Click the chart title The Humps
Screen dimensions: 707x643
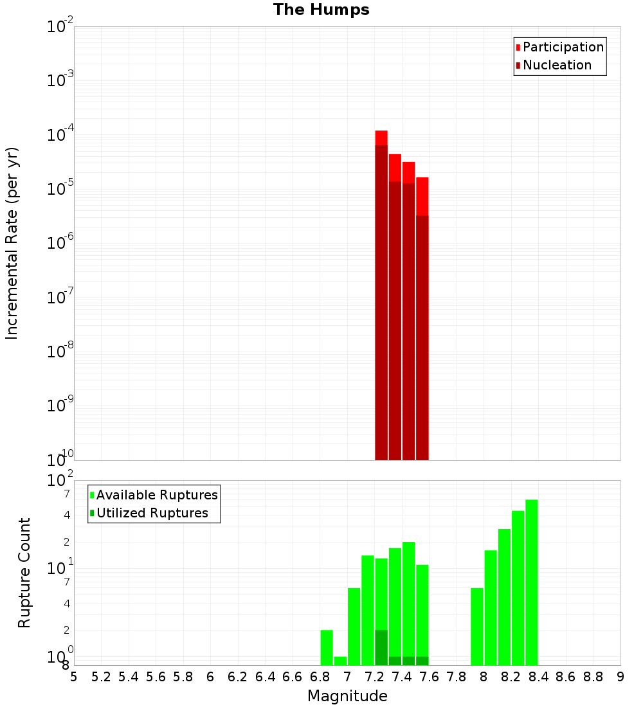tap(321, 10)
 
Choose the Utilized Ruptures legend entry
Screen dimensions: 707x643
tap(152, 513)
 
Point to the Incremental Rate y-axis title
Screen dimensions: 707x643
tap(12, 243)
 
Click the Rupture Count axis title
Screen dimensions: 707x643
tap(24, 573)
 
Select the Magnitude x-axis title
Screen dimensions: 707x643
tap(347, 696)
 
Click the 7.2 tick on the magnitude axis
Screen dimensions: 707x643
tap(375, 676)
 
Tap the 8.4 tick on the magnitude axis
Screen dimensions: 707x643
tap(539, 676)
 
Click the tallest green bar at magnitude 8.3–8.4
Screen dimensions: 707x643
tap(532, 582)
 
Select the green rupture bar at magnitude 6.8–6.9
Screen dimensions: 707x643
tap(327, 647)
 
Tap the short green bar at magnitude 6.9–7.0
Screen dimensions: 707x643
tap(340, 661)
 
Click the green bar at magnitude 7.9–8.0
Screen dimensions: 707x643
tap(477, 627)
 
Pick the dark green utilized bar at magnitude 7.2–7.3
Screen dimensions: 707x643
tap(381, 647)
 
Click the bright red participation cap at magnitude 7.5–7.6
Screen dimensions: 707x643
tap(422, 196)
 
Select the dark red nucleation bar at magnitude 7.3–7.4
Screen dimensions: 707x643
tap(395, 321)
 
